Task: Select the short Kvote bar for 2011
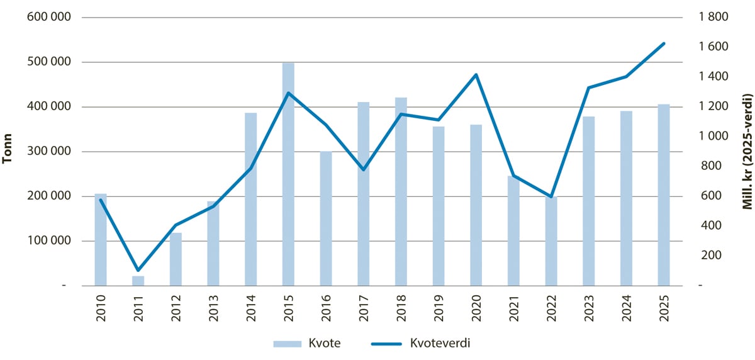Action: tap(138, 281)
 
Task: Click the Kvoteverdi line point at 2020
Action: tap(476, 75)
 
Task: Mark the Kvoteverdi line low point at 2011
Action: tap(138, 270)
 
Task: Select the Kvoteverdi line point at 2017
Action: tap(364, 169)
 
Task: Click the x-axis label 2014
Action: tap(251, 308)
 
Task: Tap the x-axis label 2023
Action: tap(589, 308)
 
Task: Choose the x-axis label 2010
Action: tap(101, 308)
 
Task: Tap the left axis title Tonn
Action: tap(9, 152)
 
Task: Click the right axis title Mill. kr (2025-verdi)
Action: tap(747, 152)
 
